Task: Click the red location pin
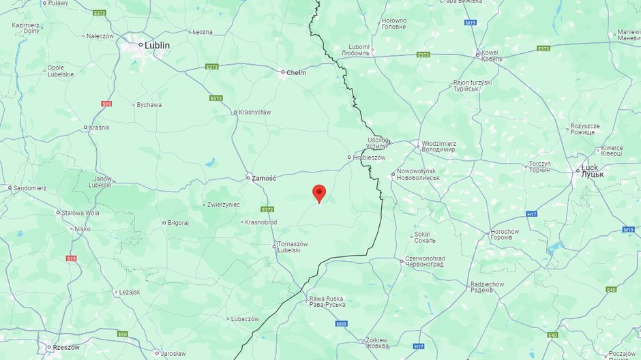tap(318, 193)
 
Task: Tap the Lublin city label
tap(156, 45)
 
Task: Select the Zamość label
tap(263, 178)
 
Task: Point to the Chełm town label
tap(296, 72)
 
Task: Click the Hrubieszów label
tap(370, 157)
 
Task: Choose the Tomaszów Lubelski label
tap(293, 247)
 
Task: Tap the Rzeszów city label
tap(65, 347)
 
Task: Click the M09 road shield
tap(342, 323)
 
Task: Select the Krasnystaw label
tap(254, 112)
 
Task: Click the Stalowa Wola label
tap(80, 213)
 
